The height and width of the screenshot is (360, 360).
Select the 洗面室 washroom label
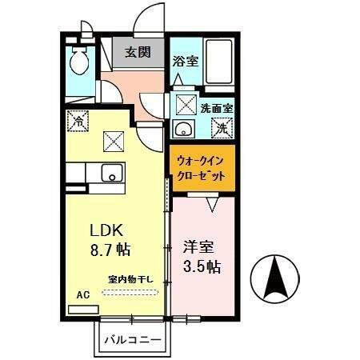pyautogui.click(x=216, y=108)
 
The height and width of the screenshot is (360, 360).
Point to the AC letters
pyautogui.click(x=82, y=294)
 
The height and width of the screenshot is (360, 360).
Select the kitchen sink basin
pyautogui.click(x=111, y=172)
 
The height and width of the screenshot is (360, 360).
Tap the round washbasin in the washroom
pyautogui.click(x=182, y=130)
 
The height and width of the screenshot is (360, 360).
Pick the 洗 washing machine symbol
pyautogui.click(x=223, y=126)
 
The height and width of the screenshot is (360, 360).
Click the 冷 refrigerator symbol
pyautogui.click(x=79, y=122)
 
